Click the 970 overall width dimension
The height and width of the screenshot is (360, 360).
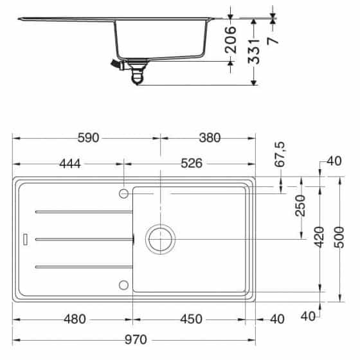(134, 339)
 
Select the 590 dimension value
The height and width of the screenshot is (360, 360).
(86, 137)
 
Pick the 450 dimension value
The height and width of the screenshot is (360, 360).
(190, 319)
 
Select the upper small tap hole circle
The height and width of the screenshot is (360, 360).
(123, 193)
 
